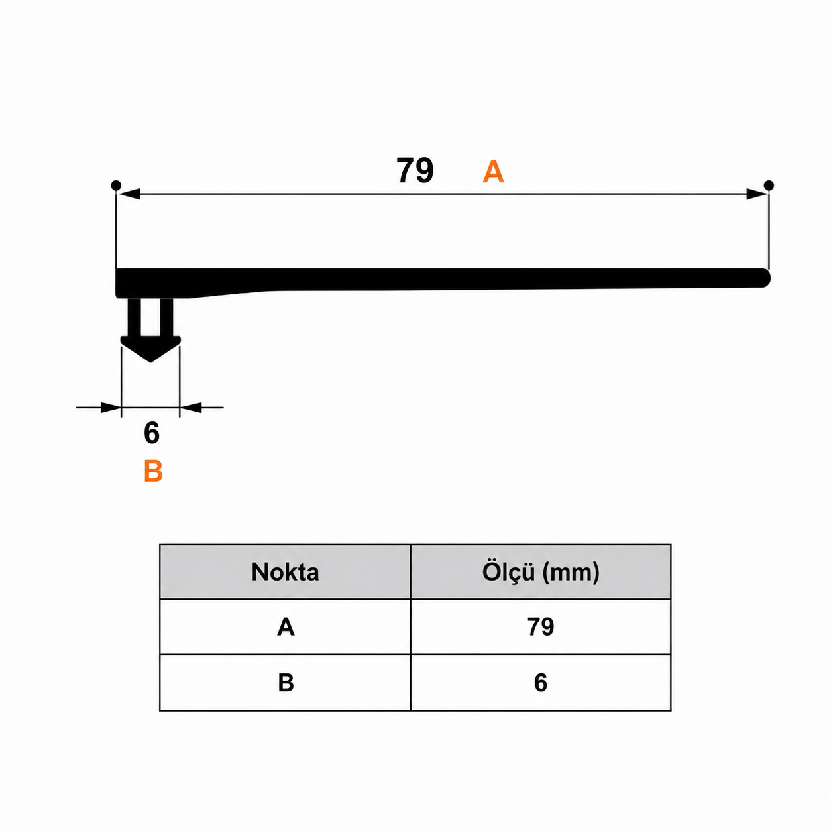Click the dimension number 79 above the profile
click(x=415, y=171)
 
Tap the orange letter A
click(x=493, y=172)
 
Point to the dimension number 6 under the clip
click(x=151, y=433)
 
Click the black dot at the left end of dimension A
click(x=115, y=185)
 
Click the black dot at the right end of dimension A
click(x=769, y=186)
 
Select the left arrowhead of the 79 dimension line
click(x=129, y=194)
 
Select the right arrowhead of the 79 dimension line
click(x=756, y=194)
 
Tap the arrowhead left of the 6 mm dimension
click(x=111, y=407)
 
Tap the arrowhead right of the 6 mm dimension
click(x=190, y=407)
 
